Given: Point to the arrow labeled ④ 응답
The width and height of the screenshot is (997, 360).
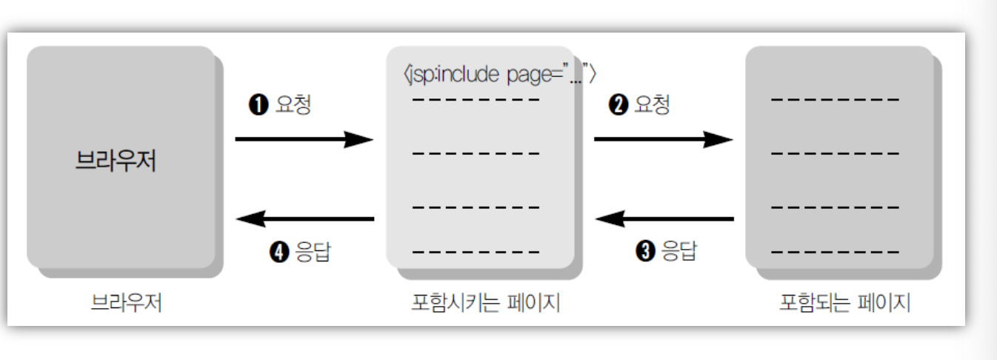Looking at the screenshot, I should click(304, 219).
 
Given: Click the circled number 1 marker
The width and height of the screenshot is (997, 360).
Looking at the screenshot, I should click(256, 105).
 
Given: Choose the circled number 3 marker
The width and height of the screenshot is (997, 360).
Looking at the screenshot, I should click(647, 253).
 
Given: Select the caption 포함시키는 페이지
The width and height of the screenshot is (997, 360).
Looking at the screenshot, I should click(485, 304).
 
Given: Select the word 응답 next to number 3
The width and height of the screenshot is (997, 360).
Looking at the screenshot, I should click(678, 253).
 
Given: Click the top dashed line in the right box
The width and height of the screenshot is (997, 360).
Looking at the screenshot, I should click(836, 99).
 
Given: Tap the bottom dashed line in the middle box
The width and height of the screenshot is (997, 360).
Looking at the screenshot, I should click(476, 252).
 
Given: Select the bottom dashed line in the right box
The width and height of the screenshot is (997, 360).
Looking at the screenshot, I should click(836, 252).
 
